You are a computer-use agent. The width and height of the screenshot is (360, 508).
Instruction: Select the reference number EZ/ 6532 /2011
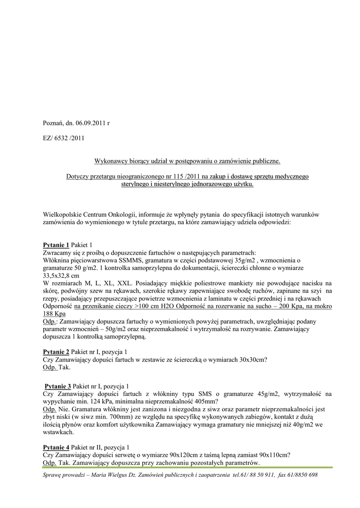pyautogui.click(x=64, y=138)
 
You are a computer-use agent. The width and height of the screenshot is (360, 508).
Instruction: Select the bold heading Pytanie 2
pyautogui.click(x=56, y=352)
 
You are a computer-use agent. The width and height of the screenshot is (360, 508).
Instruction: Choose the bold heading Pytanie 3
pyautogui.click(x=58, y=386)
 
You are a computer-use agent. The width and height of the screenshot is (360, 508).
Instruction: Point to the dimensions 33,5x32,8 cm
pyautogui.click(x=61, y=275)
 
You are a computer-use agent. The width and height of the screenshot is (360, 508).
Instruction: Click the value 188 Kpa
pyautogui.click(x=55, y=314)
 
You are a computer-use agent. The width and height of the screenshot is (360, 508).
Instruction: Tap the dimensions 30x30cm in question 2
pyautogui.click(x=250, y=360)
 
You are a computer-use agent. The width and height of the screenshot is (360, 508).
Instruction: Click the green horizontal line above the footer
pyautogui.click(x=188, y=467)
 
